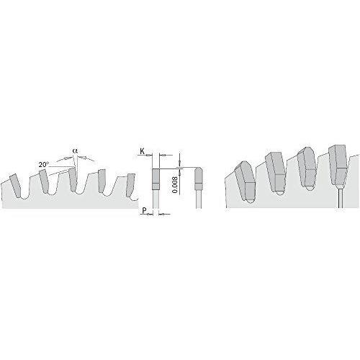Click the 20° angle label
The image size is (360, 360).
coord(44,165)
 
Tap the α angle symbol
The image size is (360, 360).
coord(75,151)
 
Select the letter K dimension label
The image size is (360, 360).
coord(142,151)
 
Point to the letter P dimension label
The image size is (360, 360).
coord(144,210)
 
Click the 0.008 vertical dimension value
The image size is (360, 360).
coord(175,185)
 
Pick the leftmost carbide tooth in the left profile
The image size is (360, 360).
coord(15,185)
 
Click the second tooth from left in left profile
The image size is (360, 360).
coord(44,181)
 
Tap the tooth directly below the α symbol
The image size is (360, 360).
coord(73,179)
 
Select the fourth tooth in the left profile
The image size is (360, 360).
coord(102,181)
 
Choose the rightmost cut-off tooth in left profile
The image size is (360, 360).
coord(131,185)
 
